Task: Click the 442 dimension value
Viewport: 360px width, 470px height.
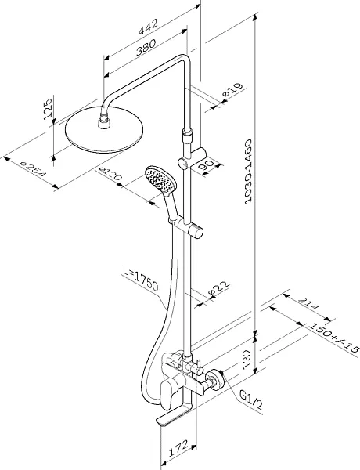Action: (x=148, y=27)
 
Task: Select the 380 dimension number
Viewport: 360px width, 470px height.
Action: (x=146, y=48)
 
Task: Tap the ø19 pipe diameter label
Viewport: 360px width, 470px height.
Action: (x=232, y=89)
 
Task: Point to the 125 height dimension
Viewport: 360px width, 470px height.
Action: (x=48, y=109)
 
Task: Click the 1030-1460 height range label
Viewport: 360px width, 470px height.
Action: (x=248, y=172)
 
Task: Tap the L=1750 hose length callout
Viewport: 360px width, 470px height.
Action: (x=141, y=278)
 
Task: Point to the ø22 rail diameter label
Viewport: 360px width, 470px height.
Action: (x=218, y=287)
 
